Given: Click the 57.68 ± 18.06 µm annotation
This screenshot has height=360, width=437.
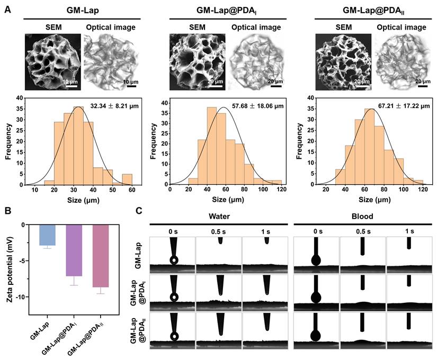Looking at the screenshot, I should pos(255,106).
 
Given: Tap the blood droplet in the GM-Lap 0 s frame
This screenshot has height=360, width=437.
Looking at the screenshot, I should pos(316,260).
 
